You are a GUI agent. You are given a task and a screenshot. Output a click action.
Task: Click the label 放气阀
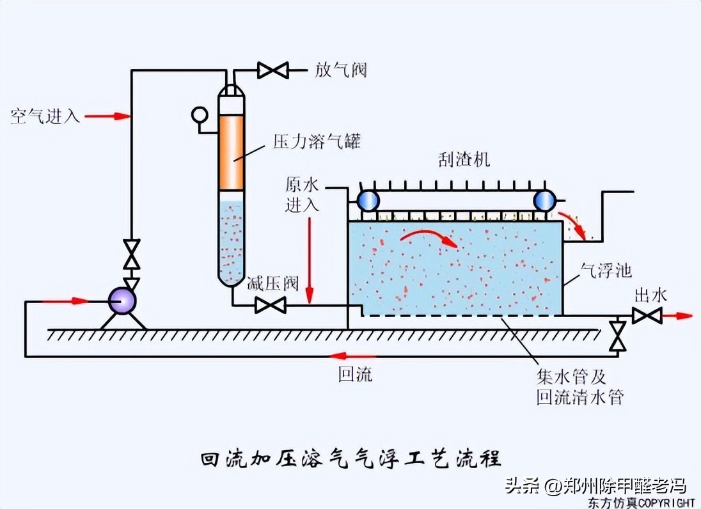coord(341,70)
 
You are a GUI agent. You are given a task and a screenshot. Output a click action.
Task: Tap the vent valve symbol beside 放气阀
coord(273,70)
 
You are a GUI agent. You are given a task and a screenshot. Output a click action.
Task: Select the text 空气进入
coord(45,116)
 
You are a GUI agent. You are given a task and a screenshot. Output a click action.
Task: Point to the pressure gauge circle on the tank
coord(200,115)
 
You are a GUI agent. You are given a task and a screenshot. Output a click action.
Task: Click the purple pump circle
coord(122,301)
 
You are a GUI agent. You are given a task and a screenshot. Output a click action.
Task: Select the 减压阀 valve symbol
coord(270,306)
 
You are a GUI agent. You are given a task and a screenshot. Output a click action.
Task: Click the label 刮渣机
coord(464,160)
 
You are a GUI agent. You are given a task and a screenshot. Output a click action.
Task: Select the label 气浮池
coord(605,270)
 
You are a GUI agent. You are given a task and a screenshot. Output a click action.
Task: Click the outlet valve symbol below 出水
coord(647,315)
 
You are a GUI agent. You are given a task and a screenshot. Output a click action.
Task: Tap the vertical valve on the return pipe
coord(618,335)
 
